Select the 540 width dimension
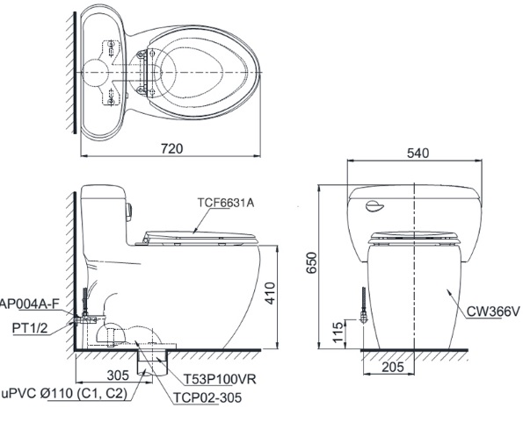[419, 153]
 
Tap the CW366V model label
[493, 309]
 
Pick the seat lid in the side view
[200, 233]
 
